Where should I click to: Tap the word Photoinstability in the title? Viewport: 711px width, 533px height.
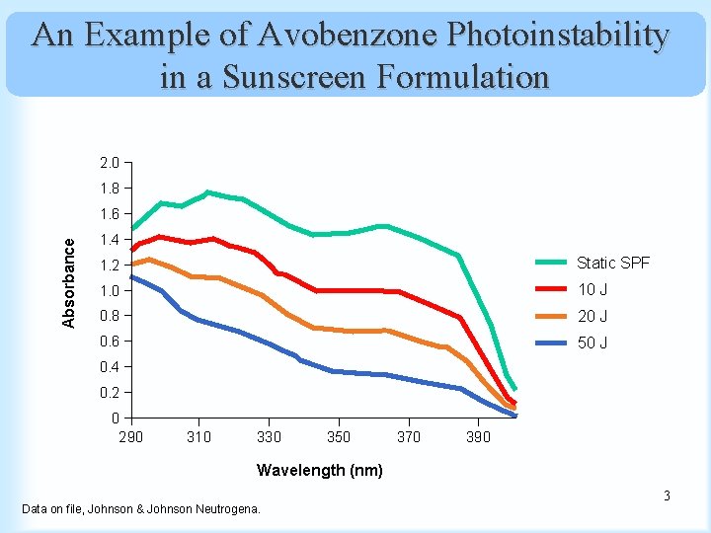558,36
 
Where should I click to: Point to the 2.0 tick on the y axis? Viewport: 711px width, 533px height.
109,163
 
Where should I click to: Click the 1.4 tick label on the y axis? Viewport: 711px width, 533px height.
109,240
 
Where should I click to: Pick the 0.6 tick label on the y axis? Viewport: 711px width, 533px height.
109,343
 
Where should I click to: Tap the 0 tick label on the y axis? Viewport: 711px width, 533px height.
116,419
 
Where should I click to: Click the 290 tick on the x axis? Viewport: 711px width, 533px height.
130,436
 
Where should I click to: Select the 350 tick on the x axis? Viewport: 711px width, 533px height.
339,436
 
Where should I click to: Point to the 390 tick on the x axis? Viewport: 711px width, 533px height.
477,436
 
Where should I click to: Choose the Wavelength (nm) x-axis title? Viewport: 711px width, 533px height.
319,470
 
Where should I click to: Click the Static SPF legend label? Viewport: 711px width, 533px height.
613,263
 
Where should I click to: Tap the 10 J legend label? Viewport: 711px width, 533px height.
592,289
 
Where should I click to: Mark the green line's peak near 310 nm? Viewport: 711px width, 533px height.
207,192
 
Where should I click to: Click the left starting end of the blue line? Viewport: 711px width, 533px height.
131,276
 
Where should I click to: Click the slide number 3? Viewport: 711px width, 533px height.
667,495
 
